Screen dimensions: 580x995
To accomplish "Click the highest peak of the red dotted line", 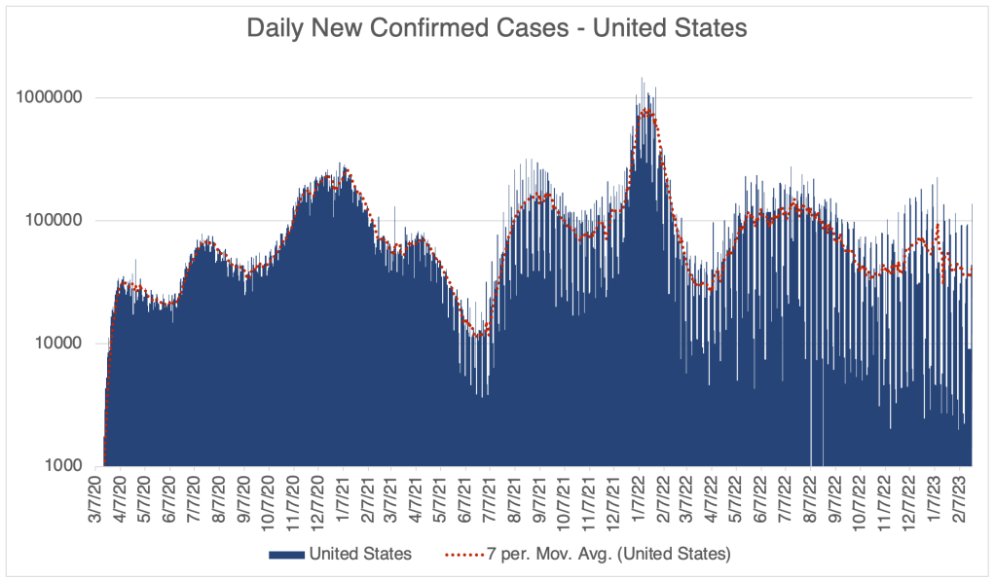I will click(646, 111).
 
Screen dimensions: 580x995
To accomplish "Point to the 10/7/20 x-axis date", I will click(269, 500).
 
